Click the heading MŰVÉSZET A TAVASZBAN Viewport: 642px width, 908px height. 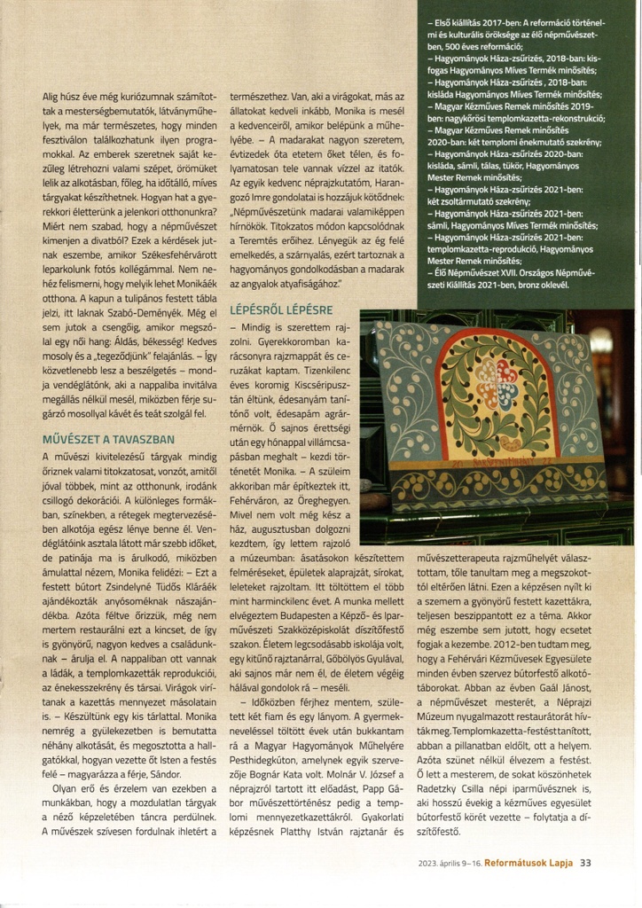108,438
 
